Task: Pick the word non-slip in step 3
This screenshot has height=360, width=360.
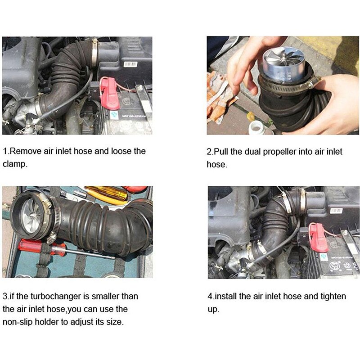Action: point(18,322)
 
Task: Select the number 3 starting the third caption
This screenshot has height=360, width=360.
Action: point(5,296)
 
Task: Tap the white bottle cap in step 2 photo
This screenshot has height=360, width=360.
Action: point(255,128)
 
